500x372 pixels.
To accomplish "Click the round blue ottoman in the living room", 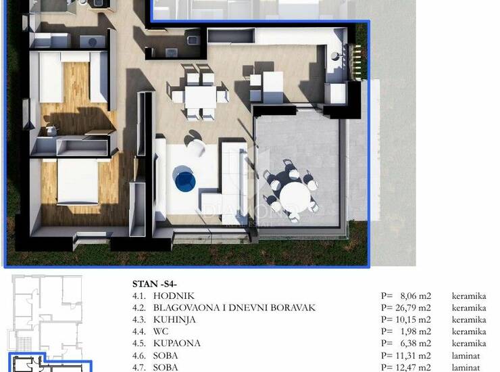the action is [x=185, y=181].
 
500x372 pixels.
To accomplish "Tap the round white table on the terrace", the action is [x=295, y=195].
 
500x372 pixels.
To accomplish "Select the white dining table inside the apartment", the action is [x=200, y=97].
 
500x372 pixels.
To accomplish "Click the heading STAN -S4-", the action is [x=155, y=284].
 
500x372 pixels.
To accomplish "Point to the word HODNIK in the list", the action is [x=174, y=296].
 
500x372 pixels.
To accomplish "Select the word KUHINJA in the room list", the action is [x=174, y=320].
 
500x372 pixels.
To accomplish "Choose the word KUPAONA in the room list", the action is [x=176, y=344].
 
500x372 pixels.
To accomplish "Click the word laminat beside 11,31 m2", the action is [x=466, y=355].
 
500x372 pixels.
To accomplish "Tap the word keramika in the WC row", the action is [x=469, y=331].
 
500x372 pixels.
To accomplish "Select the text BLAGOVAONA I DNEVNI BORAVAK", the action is [x=234, y=308].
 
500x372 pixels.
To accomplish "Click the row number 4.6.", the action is [x=139, y=355].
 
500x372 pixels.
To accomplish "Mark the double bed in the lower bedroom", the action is [x=78, y=181].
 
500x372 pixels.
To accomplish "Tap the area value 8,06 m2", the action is [x=416, y=296].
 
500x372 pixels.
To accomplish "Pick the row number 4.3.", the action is [x=139, y=320].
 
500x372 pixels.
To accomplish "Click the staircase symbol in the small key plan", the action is [x=24, y=342].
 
